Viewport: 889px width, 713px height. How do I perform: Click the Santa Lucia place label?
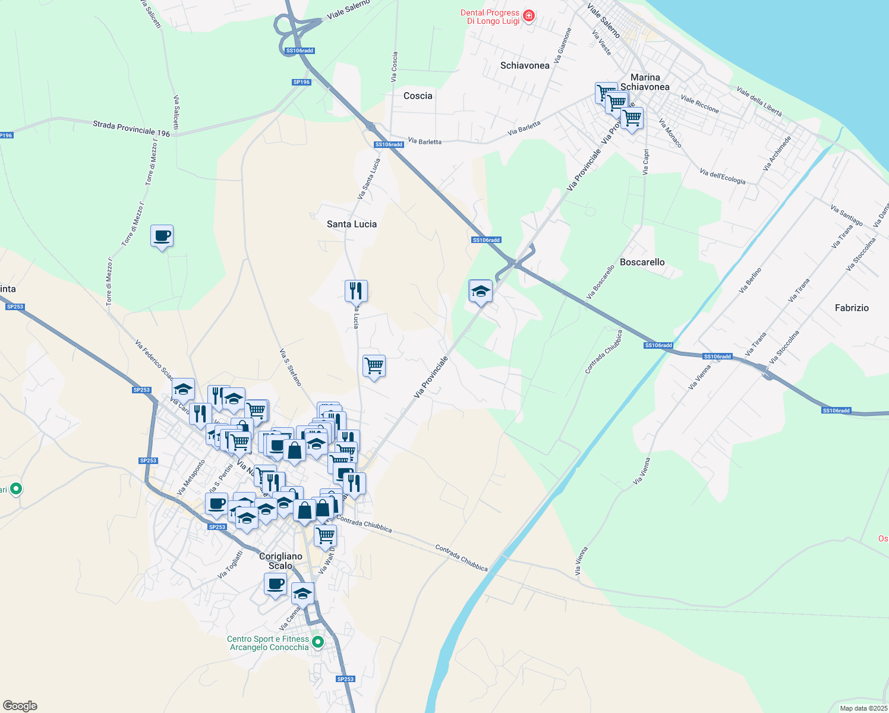(352, 224)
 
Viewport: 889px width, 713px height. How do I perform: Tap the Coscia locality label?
(418, 96)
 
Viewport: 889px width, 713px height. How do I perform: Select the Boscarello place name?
(642, 262)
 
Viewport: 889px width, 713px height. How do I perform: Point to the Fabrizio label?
(852, 308)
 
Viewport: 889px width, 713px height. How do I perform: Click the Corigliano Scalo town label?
(280, 561)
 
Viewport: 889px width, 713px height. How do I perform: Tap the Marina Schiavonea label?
(645, 82)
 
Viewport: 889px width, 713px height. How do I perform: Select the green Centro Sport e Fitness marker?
(318, 642)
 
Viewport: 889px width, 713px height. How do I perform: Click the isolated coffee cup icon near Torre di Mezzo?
(162, 236)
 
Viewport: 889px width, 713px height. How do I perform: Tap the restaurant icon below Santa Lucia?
(356, 291)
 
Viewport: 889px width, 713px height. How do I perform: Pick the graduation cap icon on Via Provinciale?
(480, 291)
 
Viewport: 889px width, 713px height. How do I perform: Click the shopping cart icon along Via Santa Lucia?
(374, 366)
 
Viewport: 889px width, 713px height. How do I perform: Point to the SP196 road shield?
(301, 82)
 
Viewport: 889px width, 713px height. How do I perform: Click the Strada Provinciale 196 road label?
(131, 129)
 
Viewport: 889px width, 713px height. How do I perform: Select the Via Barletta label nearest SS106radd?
(425, 142)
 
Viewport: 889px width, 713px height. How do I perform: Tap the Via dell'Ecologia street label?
(722, 176)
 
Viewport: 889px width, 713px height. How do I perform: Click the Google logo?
(20, 705)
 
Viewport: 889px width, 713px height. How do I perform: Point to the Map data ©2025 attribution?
(863, 708)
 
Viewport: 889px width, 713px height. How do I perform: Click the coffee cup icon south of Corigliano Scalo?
(275, 584)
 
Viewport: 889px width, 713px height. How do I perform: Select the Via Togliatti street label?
(230, 564)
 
